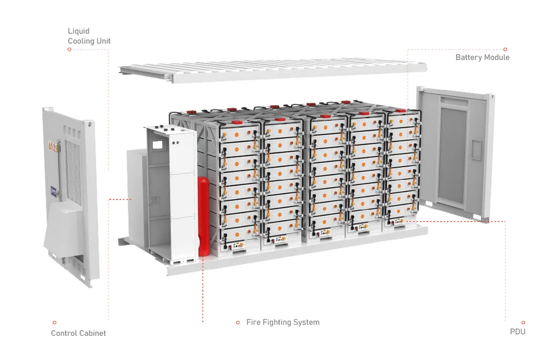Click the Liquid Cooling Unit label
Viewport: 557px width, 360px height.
click(x=89, y=36)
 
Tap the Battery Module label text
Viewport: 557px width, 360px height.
click(x=482, y=57)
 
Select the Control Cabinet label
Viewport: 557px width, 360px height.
click(x=78, y=333)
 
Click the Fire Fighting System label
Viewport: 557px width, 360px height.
click(x=283, y=322)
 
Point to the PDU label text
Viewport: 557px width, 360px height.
click(x=518, y=332)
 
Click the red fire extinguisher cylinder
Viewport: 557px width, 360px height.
click(x=204, y=216)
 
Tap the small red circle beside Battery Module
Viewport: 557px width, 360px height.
click(x=505, y=49)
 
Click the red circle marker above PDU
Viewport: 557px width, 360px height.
click(x=523, y=322)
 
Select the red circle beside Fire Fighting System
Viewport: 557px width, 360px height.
click(x=238, y=322)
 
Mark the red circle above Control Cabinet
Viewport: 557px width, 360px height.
click(x=54, y=322)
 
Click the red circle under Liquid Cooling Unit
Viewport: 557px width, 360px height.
click(x=69, y=49)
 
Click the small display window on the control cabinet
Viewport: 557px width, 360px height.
click(x=157, y=144)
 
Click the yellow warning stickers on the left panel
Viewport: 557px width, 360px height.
click(x=53, y=146)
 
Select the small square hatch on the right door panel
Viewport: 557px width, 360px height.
click(x=476, y=149)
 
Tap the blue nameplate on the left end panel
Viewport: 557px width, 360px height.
click(x=54, y=192)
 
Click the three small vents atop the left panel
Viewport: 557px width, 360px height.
click(x=72, y=131)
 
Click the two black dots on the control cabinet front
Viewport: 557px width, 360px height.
click(x=176, y=143)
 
